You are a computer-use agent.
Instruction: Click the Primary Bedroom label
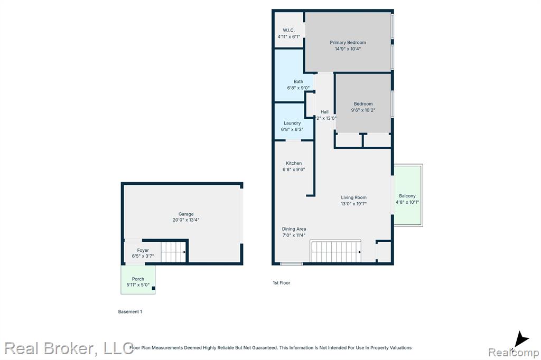(348, 42)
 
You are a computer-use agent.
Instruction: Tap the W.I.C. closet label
(288, 30)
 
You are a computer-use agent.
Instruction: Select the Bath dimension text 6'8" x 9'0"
(298, 88)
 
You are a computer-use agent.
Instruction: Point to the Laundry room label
(292, 123)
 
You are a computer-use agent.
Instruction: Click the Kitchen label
(294, 163)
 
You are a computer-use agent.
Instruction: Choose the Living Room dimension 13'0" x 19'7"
(353, 204)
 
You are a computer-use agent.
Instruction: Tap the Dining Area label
(294, 229)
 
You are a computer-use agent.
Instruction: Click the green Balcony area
(408, 195)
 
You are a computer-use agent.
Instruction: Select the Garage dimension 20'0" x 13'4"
(186, 220)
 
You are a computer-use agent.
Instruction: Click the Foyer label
(143, 250)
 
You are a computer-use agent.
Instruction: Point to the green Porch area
(138, 279)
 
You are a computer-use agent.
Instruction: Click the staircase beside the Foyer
(173, 252)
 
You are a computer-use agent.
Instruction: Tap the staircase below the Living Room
(336, 251)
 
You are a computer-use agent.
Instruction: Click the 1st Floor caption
(282, 283)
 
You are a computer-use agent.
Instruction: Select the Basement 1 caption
(130, 312)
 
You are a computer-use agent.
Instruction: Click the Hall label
(324, 112)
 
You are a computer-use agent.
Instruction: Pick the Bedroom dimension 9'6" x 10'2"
(363, 110)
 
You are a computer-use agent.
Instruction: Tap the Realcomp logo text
(514, 352)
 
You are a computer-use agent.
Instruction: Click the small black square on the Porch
(154, 288)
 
